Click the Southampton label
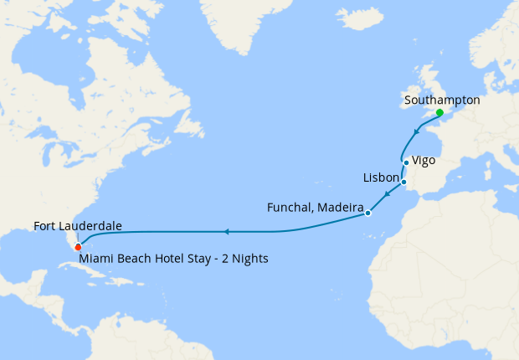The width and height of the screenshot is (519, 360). pos(442,100)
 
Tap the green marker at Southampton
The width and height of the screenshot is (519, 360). pos(439,112)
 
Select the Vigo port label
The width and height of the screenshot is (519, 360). pos(424,160)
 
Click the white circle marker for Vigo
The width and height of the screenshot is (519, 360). pos(406,162)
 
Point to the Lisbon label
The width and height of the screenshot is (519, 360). pos(381,178)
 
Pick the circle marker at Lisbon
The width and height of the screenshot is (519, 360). pos(403,182)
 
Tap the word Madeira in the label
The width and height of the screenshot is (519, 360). pos(340,207)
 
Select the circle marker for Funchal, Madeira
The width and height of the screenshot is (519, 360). pos(367,213)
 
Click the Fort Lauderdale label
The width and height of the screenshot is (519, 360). pos(78,227)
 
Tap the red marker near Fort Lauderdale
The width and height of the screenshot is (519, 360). pos(77,247)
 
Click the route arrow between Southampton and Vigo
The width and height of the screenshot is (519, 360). pos(417,131)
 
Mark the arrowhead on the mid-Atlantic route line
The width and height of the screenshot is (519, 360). pos(227,230)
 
